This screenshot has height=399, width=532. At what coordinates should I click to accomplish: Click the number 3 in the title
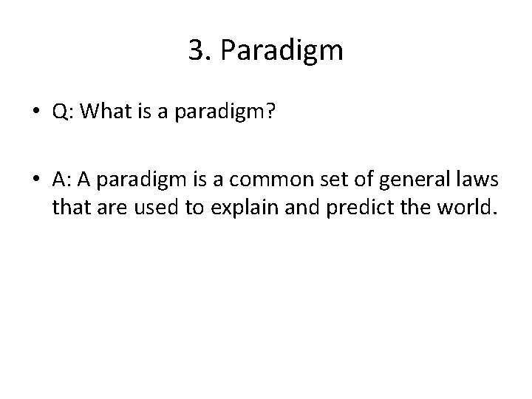pos(196,50)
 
